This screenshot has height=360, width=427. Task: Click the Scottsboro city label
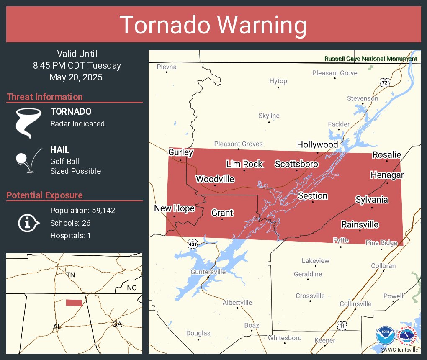click(296, 164)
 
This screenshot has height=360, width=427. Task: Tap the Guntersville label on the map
click(208, 272)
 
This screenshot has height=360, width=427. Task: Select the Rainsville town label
click(360, 225)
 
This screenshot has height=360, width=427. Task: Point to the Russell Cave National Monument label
click(370, 59)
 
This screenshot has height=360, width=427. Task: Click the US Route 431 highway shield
click(192, 244)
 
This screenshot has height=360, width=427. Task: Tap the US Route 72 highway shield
click(385, 82)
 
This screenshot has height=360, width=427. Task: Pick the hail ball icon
click(22, 159)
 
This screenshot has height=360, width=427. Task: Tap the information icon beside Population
click(28, 223)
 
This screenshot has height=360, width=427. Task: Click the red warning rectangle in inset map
click(74, 303)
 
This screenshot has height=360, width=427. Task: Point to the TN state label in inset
click(70, 275)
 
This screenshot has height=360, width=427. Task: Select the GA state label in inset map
click(117, 324)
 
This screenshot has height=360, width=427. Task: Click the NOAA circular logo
click(385, 336)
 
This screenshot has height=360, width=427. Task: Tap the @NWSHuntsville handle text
click(399, 350)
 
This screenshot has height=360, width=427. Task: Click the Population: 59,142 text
click(82, 210)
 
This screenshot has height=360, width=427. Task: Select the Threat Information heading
click(45, 97)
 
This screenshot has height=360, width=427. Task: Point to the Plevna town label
click(167, 67)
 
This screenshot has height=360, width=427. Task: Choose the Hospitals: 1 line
click(70, 235)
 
